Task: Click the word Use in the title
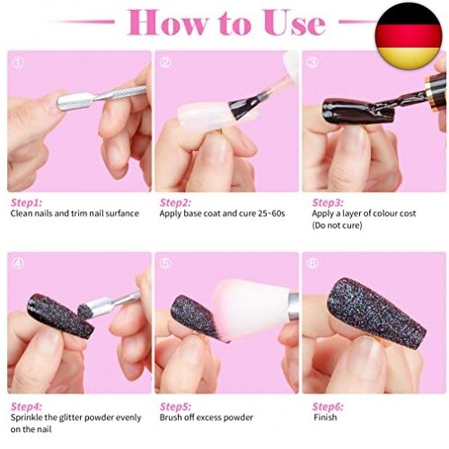(295, 23)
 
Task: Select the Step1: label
(26, 203)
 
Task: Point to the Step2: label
(175, 203)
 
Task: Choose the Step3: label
(328, 203)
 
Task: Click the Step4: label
(26, 406)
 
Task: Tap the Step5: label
(175, 406)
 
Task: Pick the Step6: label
(328, 406)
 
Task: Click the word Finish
(326, 417)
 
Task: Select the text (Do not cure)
(337, 226)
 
